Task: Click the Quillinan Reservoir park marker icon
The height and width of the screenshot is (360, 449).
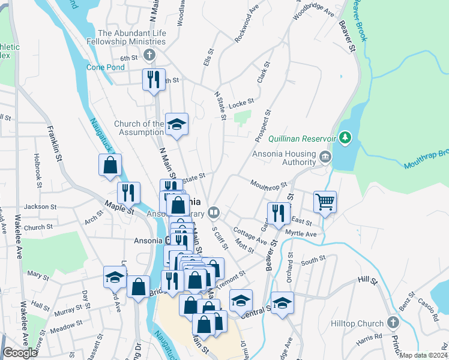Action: click(345, 138)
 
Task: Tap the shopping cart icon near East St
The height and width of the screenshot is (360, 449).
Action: click(325, 203)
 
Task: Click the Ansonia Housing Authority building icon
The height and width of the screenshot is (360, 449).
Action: click(325, 157)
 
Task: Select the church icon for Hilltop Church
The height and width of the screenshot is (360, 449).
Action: click(393, 323)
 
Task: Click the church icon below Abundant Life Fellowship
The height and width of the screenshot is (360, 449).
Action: click(149, 55)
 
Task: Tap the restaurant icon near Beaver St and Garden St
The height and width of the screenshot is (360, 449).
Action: click(278, 214)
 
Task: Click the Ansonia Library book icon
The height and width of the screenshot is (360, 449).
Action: click(213, 212)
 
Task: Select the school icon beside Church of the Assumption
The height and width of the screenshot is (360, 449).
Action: click(176, 124)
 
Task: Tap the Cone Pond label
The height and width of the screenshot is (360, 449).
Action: click(106, 67)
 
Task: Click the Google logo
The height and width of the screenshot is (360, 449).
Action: click(20, 353)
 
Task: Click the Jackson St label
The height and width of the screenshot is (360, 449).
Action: click(40, 206)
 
